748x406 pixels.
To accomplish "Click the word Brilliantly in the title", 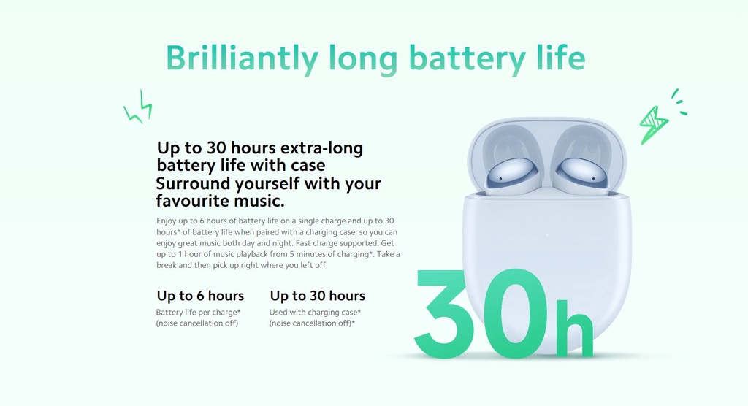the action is pyautogui.click(x=242, y=59).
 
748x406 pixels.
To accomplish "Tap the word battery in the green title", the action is pyautogui.click(x=467, y=59).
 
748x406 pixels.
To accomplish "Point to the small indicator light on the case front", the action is pyautogui.click(x=546, y=234).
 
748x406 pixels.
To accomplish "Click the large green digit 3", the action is pyautogui.click(x=441, y=313).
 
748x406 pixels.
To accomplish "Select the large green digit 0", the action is pyautogui.click(x=513, y=313).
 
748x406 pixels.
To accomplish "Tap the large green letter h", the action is pyautogui.click(x=574, y=328).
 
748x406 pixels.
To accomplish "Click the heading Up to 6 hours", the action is pyautogui.click(x=200, y=296).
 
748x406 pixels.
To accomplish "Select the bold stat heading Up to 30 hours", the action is pyautogui.click(x=317, y=296).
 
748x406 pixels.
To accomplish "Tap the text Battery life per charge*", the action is pyautogui.click(x=198, y=312).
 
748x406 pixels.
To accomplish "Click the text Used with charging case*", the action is pyautogui.click(x=315, y=312).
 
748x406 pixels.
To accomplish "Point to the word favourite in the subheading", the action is pyautogui.click(x=192, y=201).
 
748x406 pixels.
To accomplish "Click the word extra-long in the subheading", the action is pyautogui.click(x=321, y=148).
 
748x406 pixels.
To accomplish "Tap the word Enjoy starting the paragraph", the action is pyautogui.click(x=167, y=221).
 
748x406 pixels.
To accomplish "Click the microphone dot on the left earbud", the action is pyautogui.click(x=500, y=180).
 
